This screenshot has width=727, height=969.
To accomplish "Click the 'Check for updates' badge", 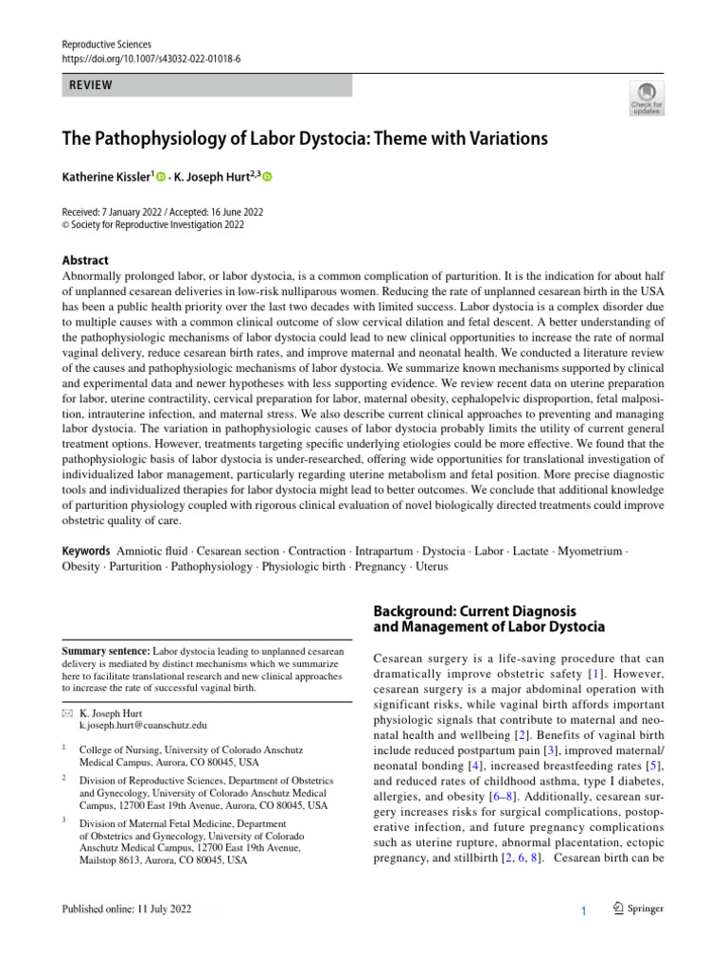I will [647, 97].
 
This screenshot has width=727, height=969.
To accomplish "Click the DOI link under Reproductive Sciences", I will [151, 59].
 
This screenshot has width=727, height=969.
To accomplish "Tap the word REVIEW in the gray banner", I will [90, 85].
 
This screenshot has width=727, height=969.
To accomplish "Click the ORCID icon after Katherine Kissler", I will [162, 177].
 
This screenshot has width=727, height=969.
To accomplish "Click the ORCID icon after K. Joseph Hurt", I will [267, 177].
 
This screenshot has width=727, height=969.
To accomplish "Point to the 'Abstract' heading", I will [85, 260].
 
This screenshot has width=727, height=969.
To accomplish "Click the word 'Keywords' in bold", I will [86, 551].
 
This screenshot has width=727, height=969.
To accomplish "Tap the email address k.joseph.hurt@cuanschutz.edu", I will [143, 724].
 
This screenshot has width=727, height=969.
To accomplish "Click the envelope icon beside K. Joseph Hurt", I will [66, 712].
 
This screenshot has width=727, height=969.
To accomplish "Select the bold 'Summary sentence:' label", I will [106, 652].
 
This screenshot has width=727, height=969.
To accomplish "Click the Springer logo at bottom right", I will [636, 909].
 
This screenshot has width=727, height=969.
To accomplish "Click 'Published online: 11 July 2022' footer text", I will [125, 909].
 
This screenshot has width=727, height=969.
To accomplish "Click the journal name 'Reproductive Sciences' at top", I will [106, 44].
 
